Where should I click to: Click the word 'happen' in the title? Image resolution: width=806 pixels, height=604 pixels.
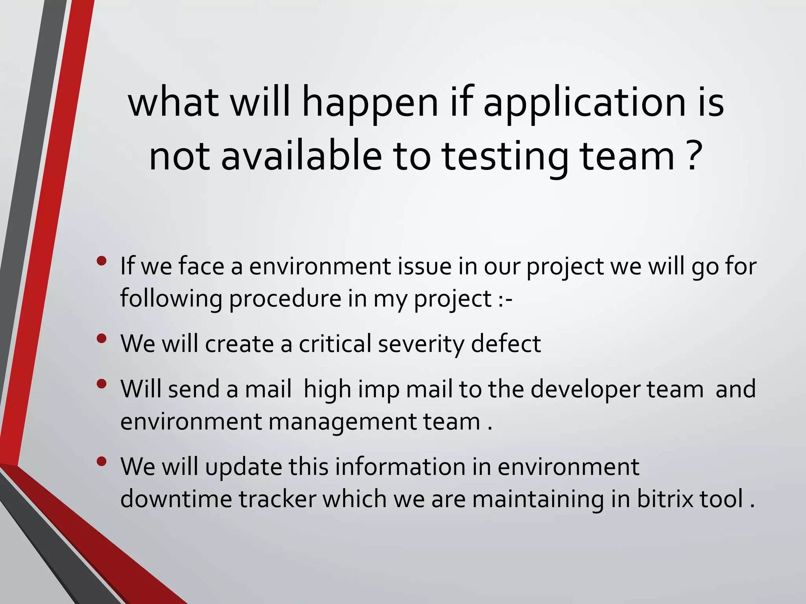pos(370,104)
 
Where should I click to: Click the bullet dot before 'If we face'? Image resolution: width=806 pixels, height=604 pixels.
pos(102,261)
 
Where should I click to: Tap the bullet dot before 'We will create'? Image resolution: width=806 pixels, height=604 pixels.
pos(102,339)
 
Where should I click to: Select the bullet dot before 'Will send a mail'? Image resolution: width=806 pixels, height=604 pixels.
pos(102,384)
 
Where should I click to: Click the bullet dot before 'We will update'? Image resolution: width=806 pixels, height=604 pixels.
pos(102,462)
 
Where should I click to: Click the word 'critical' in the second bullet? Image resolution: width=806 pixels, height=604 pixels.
pos(335,344)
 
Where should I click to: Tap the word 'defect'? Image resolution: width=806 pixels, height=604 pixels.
pos(506,344)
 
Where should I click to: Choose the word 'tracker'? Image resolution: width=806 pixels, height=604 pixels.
pos(277,499)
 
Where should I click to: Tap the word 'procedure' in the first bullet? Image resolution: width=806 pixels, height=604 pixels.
pos(285,299)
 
